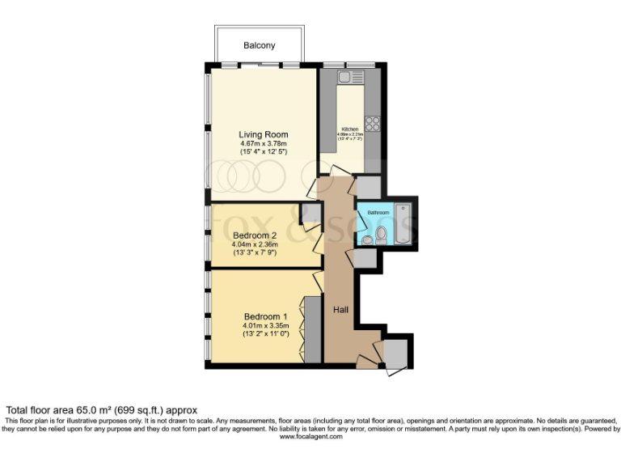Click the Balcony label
pos(260,45)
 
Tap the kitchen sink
pos(344,78)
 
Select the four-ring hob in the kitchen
pos(373,124)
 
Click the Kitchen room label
pos(349,129)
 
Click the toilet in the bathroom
pos(382,235)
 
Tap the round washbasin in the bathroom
pos(367,240)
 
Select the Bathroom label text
pos(378,213)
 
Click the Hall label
pos(340,308)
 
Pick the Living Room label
pos(263,134)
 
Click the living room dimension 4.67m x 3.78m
pos(263,143)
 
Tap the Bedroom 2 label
pos(255,235)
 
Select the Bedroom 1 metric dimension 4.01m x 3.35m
pos(265,325)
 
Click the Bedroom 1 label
pos(265,316)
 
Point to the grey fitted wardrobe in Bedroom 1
pos(311,331)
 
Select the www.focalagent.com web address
pos(310,437)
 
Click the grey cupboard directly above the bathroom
pos(367,186)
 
